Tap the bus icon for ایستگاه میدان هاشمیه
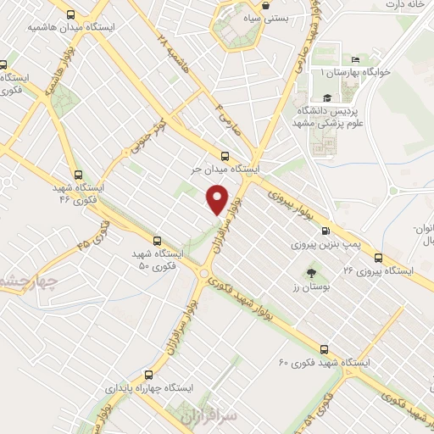coord(70,14)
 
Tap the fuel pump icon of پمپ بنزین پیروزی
coord(325,231)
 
